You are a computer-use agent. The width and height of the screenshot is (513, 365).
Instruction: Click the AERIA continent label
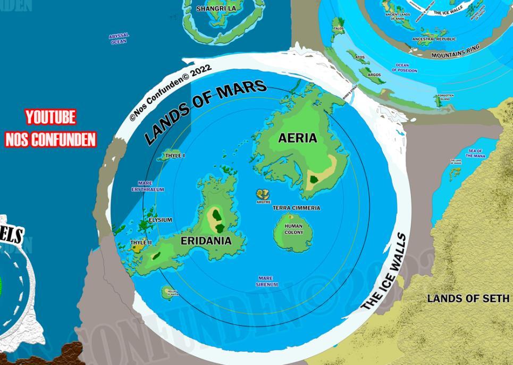(298, 138)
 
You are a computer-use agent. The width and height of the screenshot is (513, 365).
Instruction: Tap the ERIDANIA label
(206, 241)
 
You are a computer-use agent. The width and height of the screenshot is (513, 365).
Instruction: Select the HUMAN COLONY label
(293, 229)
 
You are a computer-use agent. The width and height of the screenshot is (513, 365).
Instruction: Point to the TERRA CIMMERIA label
(297, 208)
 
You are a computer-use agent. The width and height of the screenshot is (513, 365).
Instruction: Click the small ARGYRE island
(263, 195)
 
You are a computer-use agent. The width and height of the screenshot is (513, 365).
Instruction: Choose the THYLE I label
(175, 156)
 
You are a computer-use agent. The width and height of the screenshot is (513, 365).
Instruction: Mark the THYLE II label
(141, 243)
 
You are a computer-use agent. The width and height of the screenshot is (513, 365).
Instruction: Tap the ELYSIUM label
(160, 220)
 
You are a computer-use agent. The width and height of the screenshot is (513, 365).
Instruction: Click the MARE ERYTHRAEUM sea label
(148, 186)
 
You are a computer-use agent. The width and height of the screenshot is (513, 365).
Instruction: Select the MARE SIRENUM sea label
(266, 281)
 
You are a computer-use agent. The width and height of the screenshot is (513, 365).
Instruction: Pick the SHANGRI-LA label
(216, 9)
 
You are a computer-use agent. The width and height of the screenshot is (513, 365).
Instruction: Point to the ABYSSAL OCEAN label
(119, 39)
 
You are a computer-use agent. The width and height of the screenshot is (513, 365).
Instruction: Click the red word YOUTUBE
(51, 117)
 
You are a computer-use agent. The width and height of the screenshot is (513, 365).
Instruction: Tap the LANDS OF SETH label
(468, 298)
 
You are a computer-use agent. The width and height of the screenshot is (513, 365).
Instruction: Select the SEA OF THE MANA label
(475, 153)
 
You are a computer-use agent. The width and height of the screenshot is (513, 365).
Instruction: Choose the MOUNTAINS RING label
(455, 51)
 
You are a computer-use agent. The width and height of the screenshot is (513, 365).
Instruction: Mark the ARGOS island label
(374, 75)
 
